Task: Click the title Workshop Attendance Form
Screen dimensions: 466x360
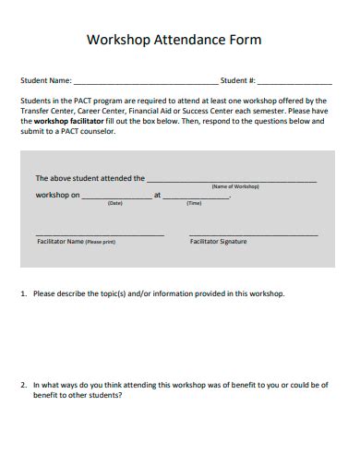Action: coord(174,40)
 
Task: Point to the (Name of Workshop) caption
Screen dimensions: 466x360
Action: coord(235,186)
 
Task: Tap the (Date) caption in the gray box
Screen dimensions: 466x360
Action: coord(114,203)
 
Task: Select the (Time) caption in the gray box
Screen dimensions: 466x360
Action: coord(194,203)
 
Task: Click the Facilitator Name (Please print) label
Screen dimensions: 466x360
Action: coord(76,242)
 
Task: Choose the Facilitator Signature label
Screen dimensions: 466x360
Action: coord(218,242)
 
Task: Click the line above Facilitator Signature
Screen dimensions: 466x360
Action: coord(253,235)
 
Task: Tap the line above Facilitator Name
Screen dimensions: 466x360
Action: coord(100,235)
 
